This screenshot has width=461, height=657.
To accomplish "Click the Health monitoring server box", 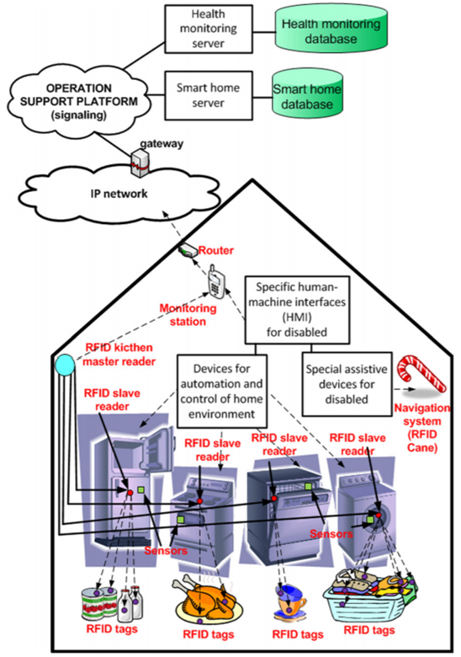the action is (209, 29).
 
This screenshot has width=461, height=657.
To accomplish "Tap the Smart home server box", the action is (209, 95).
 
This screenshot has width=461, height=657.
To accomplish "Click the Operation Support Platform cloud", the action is (78, 101).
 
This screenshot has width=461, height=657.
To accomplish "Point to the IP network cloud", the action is (119, 194).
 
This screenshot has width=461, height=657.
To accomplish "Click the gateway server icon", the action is (140, 163).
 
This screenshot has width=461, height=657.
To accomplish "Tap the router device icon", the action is (188, 250).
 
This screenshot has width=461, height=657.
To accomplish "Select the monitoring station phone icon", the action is (216, 281).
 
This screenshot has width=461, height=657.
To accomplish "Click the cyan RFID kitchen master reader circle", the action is (66, 365).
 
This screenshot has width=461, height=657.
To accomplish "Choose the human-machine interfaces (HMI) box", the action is (297, 310).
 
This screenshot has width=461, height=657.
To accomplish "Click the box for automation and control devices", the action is (222, 391).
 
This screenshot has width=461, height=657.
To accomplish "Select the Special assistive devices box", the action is (347, 384).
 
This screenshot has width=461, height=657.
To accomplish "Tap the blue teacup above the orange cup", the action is (291, 594).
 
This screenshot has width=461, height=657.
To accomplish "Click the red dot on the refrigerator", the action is (130, 493).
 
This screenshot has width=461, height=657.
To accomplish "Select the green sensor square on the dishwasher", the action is (308, 486).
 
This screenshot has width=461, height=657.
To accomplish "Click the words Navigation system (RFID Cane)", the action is (422, 427).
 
